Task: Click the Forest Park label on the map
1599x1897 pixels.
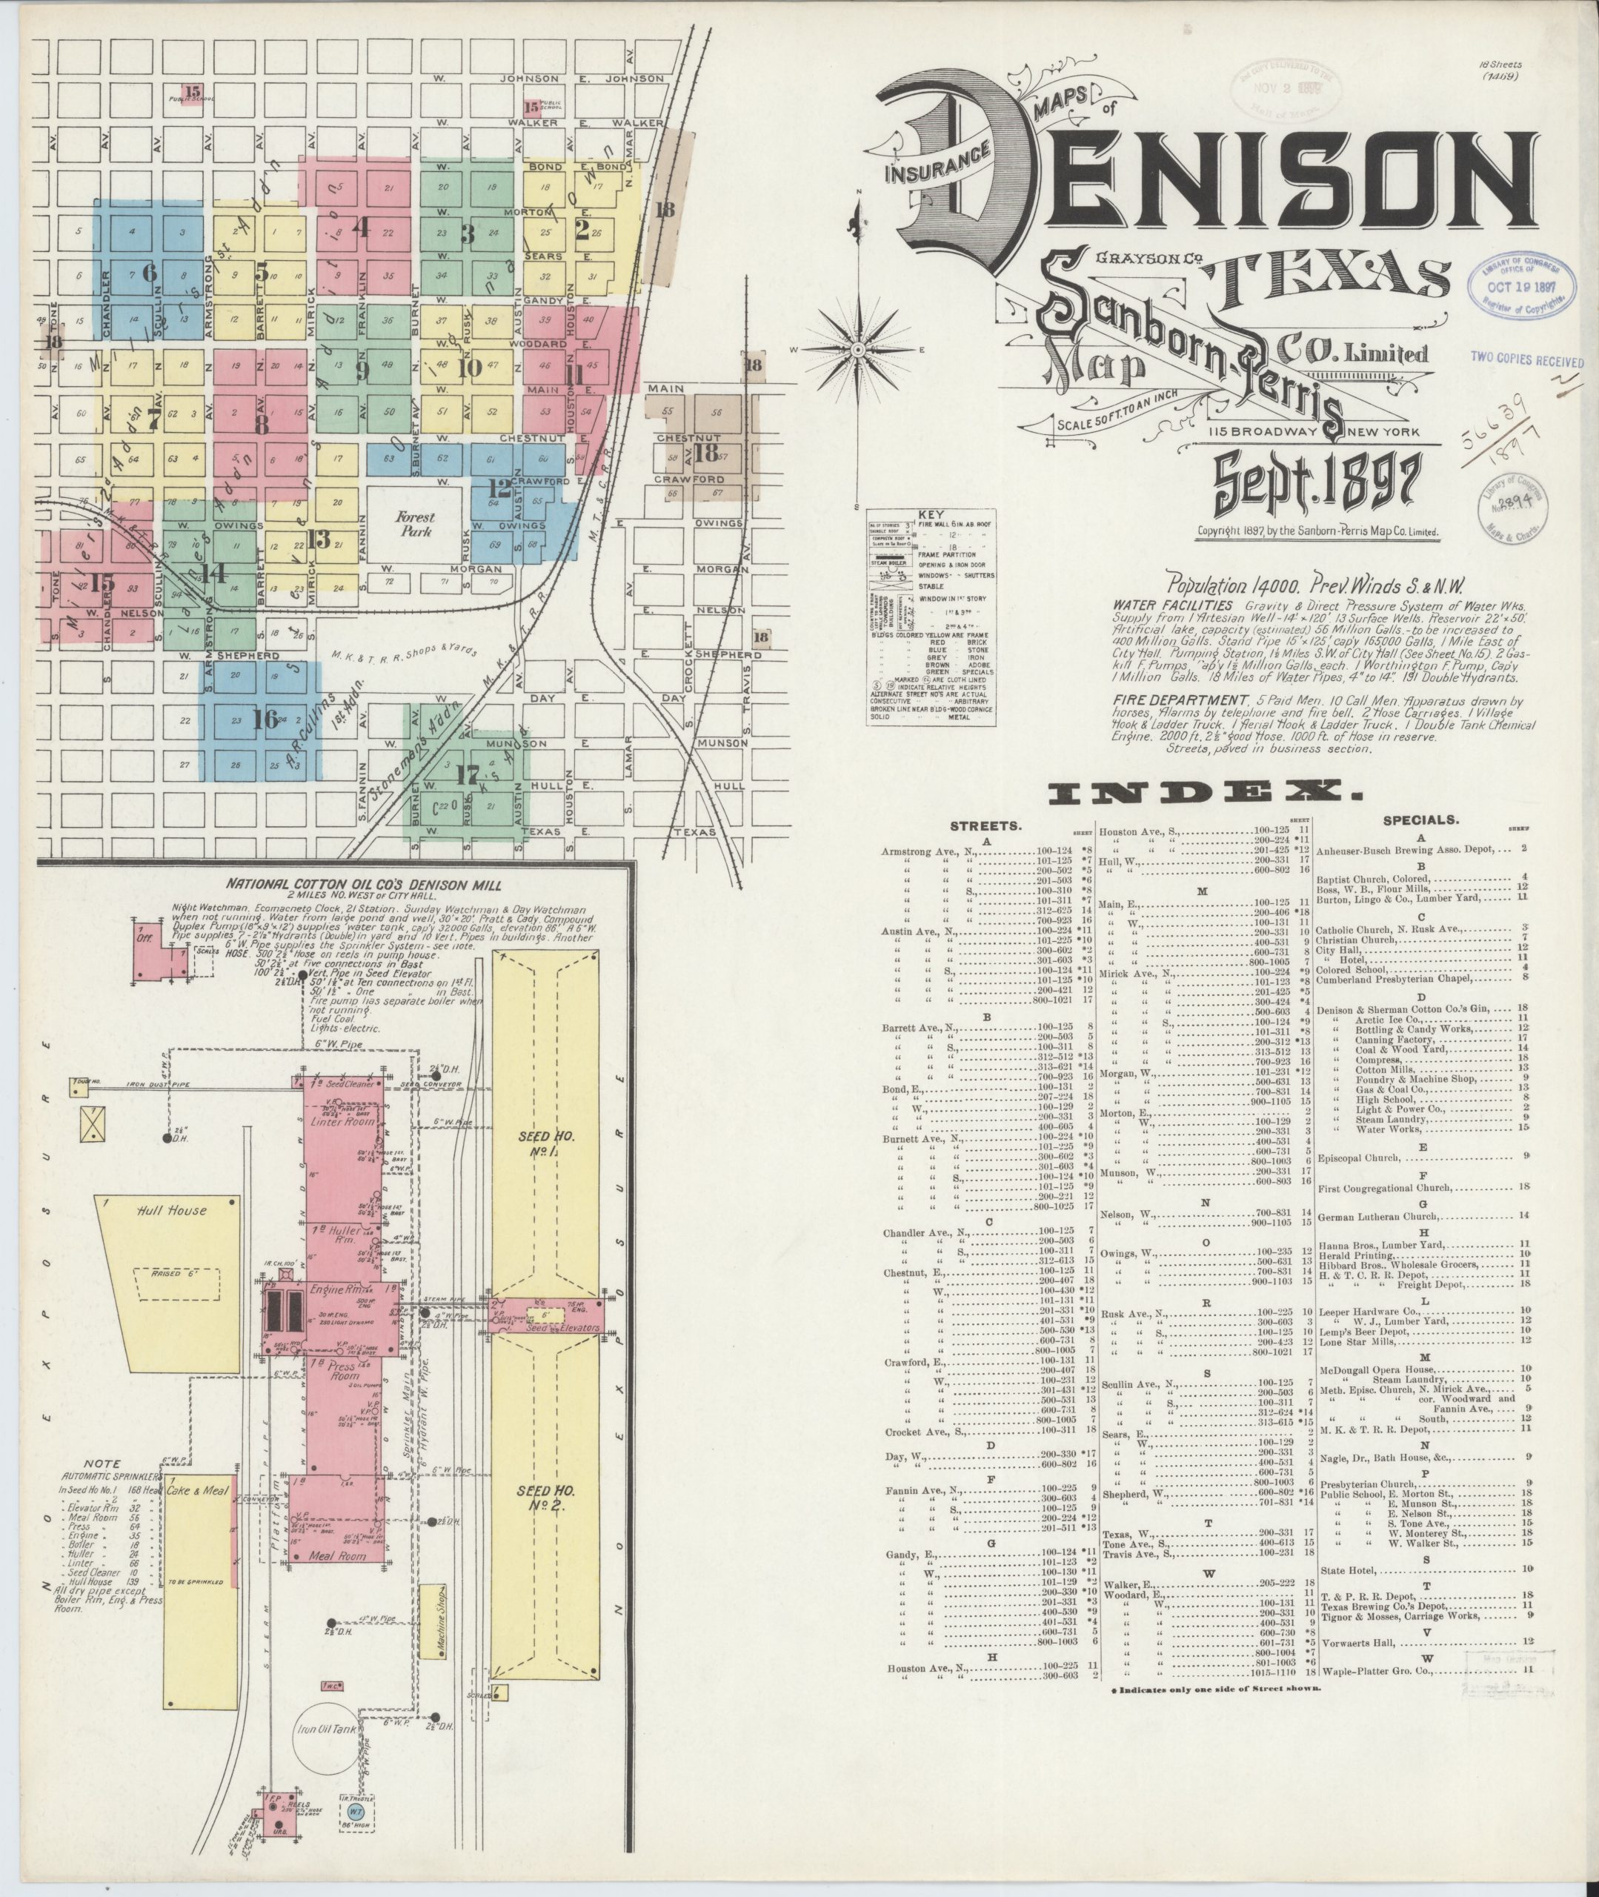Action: point(415,523)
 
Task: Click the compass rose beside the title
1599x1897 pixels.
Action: point(857,349)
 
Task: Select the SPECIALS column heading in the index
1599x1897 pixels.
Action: point(1420,820)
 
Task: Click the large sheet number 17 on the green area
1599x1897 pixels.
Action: point(468,775)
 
